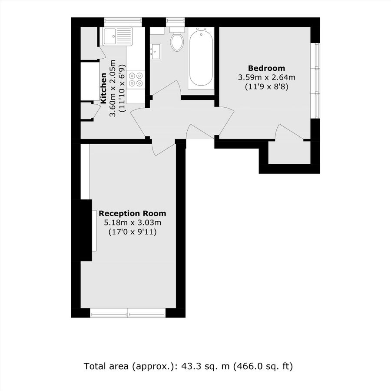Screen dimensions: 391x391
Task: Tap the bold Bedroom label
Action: [266, 68]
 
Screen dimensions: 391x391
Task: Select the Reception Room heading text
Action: [132, 214]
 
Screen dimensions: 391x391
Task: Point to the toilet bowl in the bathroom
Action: [177, 42]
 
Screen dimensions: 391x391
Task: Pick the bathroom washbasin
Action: [156, 51]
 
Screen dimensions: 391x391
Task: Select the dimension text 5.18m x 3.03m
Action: [132, 223]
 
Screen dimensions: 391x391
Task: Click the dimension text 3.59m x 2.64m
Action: [266, 77]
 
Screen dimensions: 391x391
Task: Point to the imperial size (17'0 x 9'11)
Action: [132, 232]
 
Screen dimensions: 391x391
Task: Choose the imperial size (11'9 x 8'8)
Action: [266, 86]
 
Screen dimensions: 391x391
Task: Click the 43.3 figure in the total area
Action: [193, 366]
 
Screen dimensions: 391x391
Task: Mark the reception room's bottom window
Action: [128, 312]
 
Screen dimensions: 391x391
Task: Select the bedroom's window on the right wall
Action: [317, 80]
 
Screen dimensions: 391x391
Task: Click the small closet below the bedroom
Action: [289, 153]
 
